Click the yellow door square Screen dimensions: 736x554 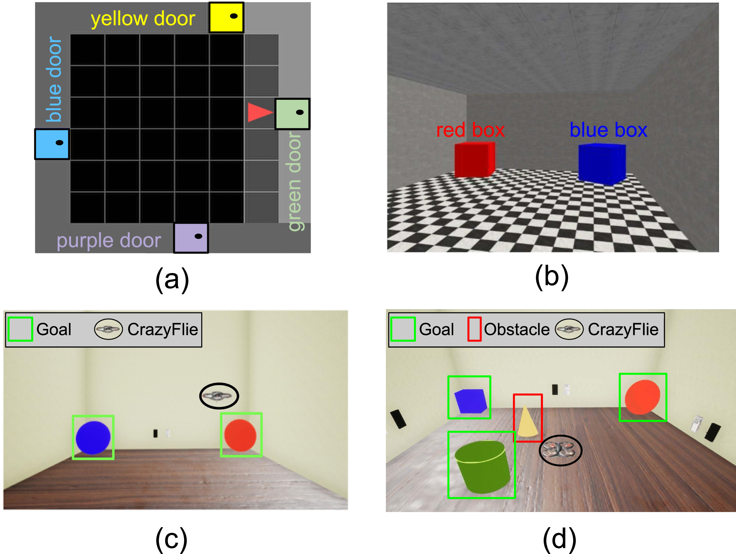[x=226, y=17]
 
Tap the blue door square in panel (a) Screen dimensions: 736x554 [x=52, y=144]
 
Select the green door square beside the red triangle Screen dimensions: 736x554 [x=292, y=114]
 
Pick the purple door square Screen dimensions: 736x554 [x=191, y=238]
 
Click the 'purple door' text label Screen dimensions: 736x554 [x=109, y=240]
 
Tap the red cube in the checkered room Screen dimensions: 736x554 [x=474, y=160]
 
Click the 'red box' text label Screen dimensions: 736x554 [x=470, y=130]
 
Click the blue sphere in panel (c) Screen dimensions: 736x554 [x=93, y=437]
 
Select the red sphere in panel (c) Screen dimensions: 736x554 [x=240, y=435]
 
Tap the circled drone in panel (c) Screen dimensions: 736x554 [x=219, y=396]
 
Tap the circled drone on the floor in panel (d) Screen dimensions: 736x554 [x=561, y=450]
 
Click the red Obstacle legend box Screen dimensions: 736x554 [x=474, y=329]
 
